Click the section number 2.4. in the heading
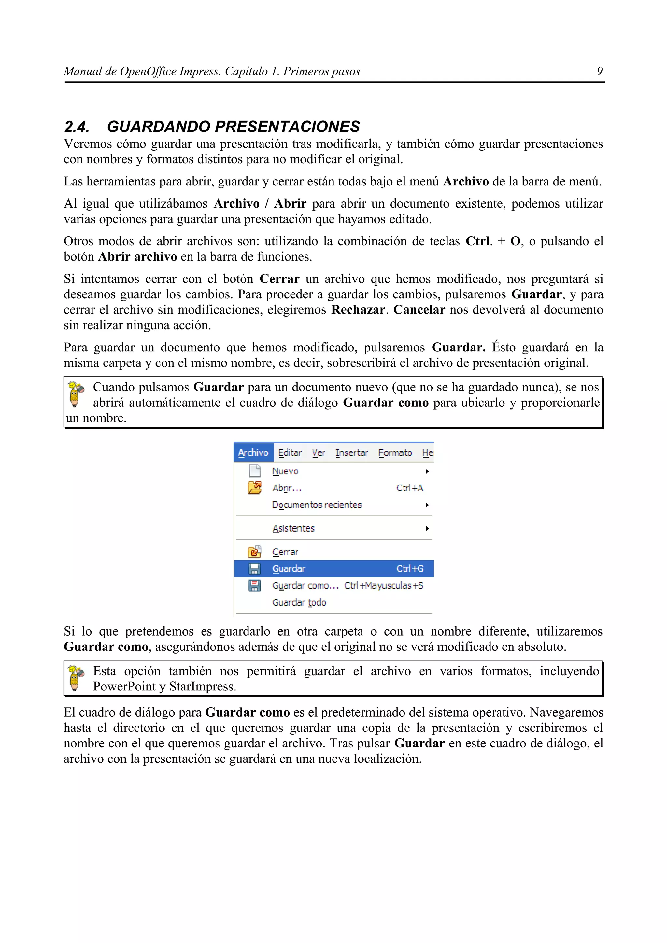pyautogui.click(x=77, y=127)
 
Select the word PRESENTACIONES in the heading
pyautogui.click(x=287, y=127)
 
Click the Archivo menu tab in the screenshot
pyautogui.click(x=253, y=453)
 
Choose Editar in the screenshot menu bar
pyautogui.click(x=290, y=453)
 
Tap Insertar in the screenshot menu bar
pyautogui.click(x=351, y=453)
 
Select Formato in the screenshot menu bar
pyautogui.click(x=395, y=453)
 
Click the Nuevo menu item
pyautogui.click(x=285, y=471)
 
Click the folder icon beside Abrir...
pyautogui.click(x=254, y=487)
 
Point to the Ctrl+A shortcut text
pyautogui.click(x=409, y=488)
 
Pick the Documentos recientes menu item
pyautogui.click(x=317, y=505)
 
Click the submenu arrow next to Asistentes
pyautogui.click(x=427, y=528)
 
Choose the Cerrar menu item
pyautogui.click(x=285, y=552)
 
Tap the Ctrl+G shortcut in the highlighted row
pyautogui.click(x=409, y=569)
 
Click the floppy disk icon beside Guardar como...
pyautogui.click(x=254, y=585)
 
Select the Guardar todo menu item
pyautogui.click(x=299, y=603)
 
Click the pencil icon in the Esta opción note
pyautogui.click(x=75, y=678)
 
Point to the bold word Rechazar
pyautogui.click(x=358, y=310)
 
